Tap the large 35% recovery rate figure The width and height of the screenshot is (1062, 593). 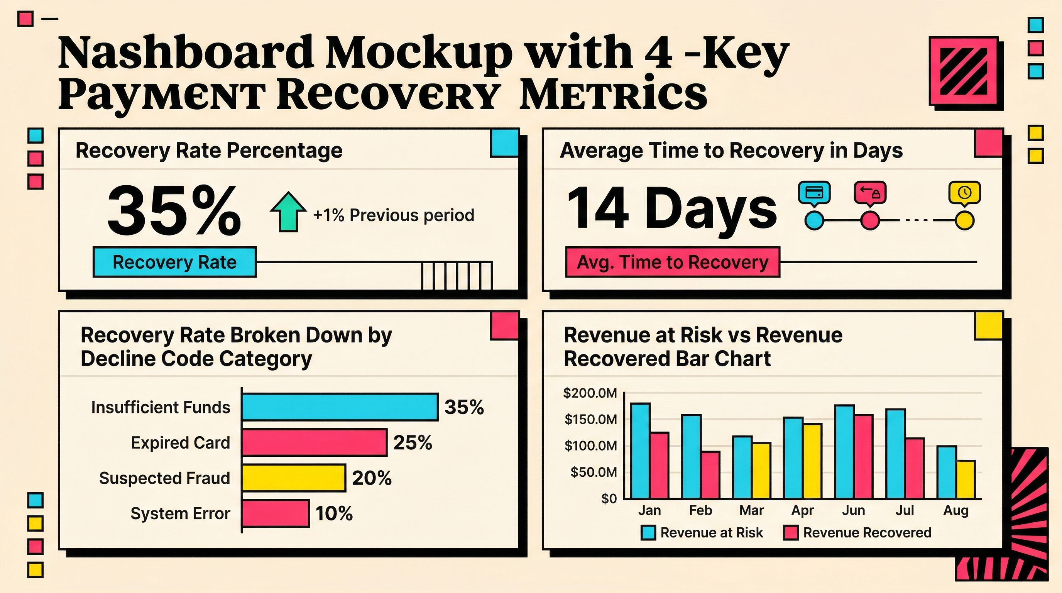point(174,210)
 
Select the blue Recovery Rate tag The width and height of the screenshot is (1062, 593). point(174,262)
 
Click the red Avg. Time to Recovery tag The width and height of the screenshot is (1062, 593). point(672,262)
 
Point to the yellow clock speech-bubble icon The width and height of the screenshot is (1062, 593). point(964,193)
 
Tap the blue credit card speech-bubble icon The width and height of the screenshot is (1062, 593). point(814,193)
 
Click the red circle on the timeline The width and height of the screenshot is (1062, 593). point(870,220)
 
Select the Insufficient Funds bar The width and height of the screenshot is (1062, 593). point(340,407)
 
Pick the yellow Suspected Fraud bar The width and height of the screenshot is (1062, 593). point(294,478)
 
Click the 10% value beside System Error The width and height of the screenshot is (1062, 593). point(334,514)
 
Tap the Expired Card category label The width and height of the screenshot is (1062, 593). point(181,443)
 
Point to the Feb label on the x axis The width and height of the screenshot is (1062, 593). point(700,510)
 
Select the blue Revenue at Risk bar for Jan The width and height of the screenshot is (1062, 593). point(641,451)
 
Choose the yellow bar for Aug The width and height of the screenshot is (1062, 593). point(966,479)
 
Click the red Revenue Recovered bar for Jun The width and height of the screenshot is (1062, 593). point(863,457)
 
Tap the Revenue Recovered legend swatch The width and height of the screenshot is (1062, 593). point(791,533)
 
